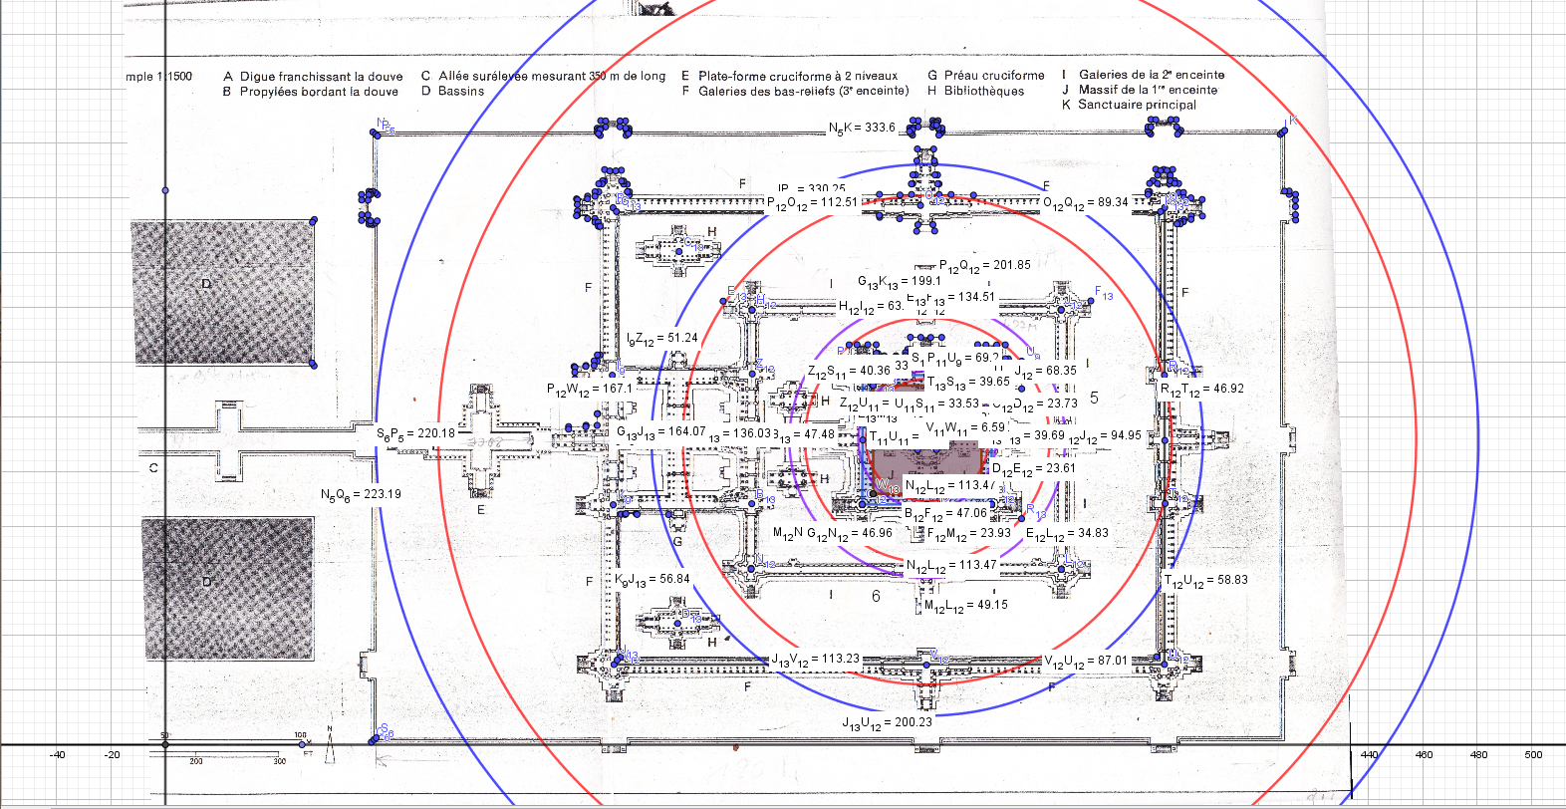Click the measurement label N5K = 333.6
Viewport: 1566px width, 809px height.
[x=862, y=128]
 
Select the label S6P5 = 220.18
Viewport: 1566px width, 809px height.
[x=415, y=433]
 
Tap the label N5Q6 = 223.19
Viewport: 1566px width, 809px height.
[x=361, y=494]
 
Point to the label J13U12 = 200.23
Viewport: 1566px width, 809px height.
[x=888, y=723]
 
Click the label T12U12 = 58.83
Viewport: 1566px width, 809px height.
[x=1205, y=580]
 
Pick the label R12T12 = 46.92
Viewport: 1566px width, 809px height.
[x=1202, y=389]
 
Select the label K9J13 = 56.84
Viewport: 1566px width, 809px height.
[x=652, y=579]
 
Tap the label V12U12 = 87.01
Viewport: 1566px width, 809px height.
[x=1086, y=661]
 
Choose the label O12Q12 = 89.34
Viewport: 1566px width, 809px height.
[x=1086, y=202]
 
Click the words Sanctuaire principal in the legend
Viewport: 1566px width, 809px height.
[x=1137, y=105]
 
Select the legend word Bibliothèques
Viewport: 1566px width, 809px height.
[x=983, y=91]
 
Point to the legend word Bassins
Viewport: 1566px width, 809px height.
[x=460, y=91]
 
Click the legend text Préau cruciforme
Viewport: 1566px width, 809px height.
[x=993, y=76]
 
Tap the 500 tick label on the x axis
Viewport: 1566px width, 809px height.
[x=1533, y=755]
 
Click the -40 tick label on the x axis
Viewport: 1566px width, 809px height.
[x=57, y=755]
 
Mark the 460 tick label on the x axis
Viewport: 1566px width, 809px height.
[x=1425, y=755]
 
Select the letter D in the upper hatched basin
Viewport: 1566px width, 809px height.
[x=206, y=285]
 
